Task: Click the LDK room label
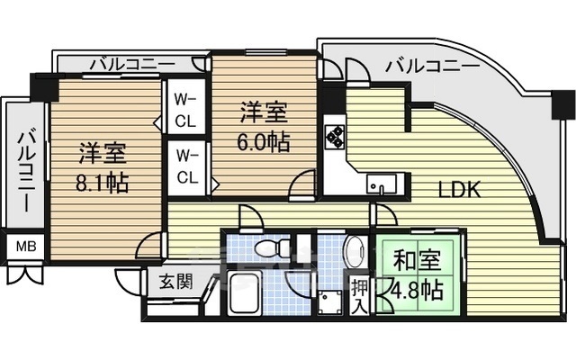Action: pos(460,190)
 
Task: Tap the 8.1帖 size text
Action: pos(102,184)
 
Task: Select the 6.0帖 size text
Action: pos(264,142)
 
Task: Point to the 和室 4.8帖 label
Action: pos(418,275)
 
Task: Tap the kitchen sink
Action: pos(381,185)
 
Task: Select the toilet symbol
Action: pos(267,247)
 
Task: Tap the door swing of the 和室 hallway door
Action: pos(385,215)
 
